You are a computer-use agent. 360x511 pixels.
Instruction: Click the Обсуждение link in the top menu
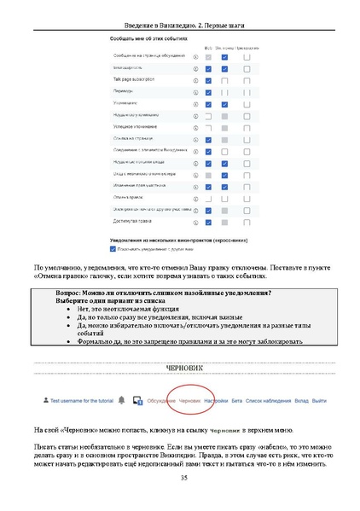point(160,399)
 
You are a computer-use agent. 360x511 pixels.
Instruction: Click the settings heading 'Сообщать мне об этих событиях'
point(147,39)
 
